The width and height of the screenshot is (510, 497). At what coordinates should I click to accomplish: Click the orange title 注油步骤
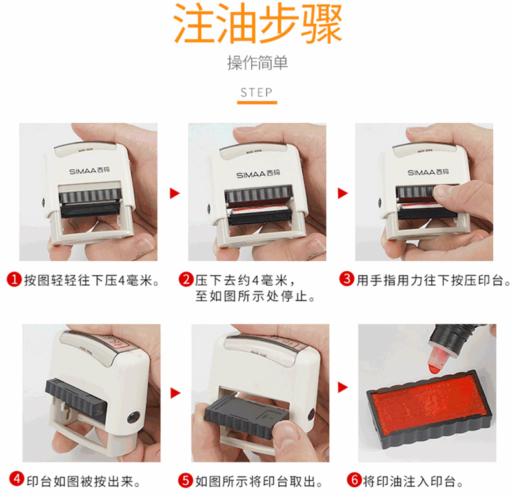(x=258, y=23)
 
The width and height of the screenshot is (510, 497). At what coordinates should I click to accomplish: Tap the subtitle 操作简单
(x=258, y=63)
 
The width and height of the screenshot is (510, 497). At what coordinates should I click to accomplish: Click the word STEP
(x=257, y=92)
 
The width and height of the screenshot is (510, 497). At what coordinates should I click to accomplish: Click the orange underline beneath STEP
(x=257, y=103)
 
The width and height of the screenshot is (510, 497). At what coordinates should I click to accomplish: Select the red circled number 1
(x=14, y=279)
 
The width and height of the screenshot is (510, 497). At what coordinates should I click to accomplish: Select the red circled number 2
(x=186, y=279)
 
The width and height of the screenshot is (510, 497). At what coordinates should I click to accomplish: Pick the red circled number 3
(x=347, y=279)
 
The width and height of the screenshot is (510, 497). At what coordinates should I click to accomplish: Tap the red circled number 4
(x=16, y=479)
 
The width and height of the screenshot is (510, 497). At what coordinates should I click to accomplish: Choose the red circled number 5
(x=185, y=480)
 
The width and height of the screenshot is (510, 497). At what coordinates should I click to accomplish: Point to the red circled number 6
(x=354, y=480)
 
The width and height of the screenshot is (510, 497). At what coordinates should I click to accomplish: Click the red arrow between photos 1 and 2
(x=175, y=193)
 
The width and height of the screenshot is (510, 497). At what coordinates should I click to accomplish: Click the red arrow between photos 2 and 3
(x=343, y=193)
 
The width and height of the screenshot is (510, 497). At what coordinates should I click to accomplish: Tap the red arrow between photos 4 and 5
(x=176, y=393)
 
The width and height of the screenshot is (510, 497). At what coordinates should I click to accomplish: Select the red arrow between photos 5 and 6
(x=343, y=388)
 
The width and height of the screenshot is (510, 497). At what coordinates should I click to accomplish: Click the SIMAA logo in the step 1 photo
(x=89, y=171)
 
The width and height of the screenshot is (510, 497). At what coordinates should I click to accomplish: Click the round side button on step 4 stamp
(x=134, y=418)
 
